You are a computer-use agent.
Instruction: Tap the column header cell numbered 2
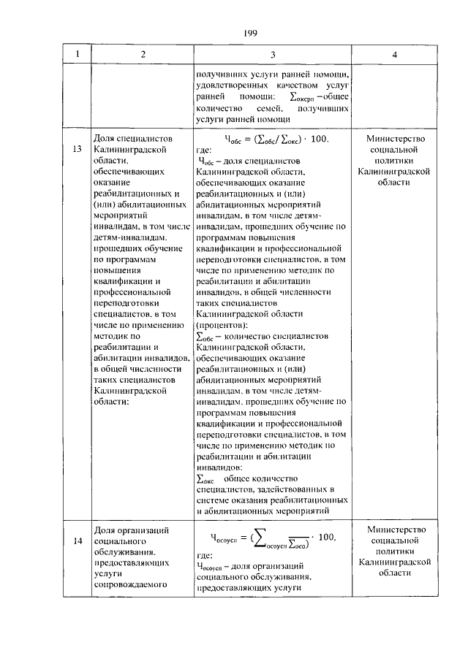[x=143, y=55]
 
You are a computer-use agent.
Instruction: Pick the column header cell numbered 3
[x=273, y=55]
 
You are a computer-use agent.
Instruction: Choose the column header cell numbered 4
[x=394, y=55]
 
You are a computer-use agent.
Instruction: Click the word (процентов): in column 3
[x=222, y=324]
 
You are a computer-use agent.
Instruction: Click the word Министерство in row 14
[x=394, y=529]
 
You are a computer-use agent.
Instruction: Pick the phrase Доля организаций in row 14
[x=132, y=529]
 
